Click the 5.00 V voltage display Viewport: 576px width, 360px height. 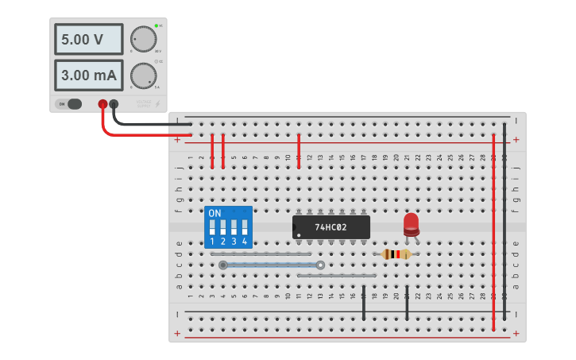click(88, 39)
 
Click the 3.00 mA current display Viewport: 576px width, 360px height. click(88, 75)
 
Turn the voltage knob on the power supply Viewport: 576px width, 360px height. click(143, 39)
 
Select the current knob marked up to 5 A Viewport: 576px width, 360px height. click(143, 75)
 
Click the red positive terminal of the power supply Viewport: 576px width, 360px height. click(102, 104)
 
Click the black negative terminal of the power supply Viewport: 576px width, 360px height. click(114, 104)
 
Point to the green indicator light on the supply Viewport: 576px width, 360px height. click(156, 25)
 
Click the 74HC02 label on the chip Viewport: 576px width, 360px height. click(331, 227)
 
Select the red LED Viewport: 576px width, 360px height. click(411, 223)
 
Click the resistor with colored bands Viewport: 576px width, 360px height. click(396, 254)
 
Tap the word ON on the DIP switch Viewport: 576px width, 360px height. click(215, 214)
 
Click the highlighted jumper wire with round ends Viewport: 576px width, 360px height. click(272, 265)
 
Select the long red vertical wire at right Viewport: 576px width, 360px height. click(493, 230)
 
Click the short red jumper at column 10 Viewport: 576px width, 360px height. click(299, 151)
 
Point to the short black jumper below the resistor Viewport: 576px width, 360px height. click(407, 303)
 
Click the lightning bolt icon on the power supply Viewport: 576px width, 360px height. click(157, 104)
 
